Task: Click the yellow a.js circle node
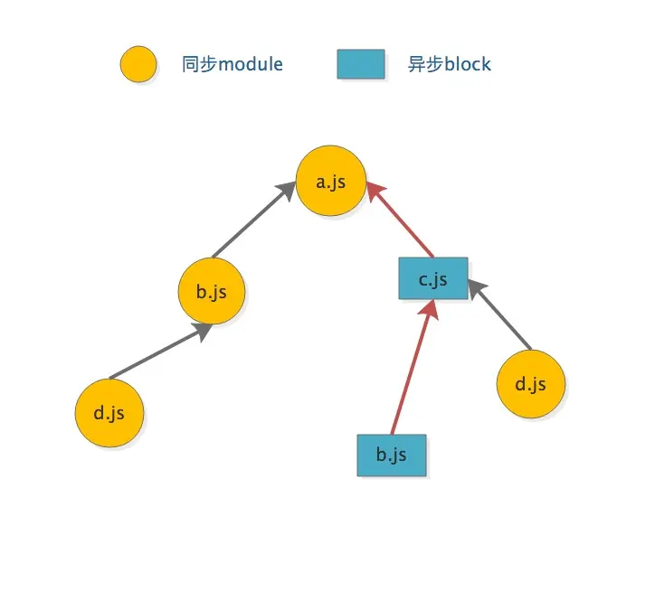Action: tap(332, 181)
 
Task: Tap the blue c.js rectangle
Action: tap(433, 278)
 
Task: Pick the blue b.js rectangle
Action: tap(391, 455)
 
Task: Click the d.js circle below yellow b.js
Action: tap(109, 413)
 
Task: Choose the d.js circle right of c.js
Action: tap(531, 384)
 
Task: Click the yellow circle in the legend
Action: tap(138, 64)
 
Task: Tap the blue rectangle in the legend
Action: tap(361, 64)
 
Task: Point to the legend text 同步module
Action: tap(233, 64)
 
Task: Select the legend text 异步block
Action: tap(450, 64)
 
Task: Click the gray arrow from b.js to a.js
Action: tap(253, 220)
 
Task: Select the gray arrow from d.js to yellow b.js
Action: tap(159, 352)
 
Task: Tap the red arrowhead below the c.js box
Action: tap(430, 310)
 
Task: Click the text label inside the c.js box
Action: tap(433, 278)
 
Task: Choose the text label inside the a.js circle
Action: tap(332, 181)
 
